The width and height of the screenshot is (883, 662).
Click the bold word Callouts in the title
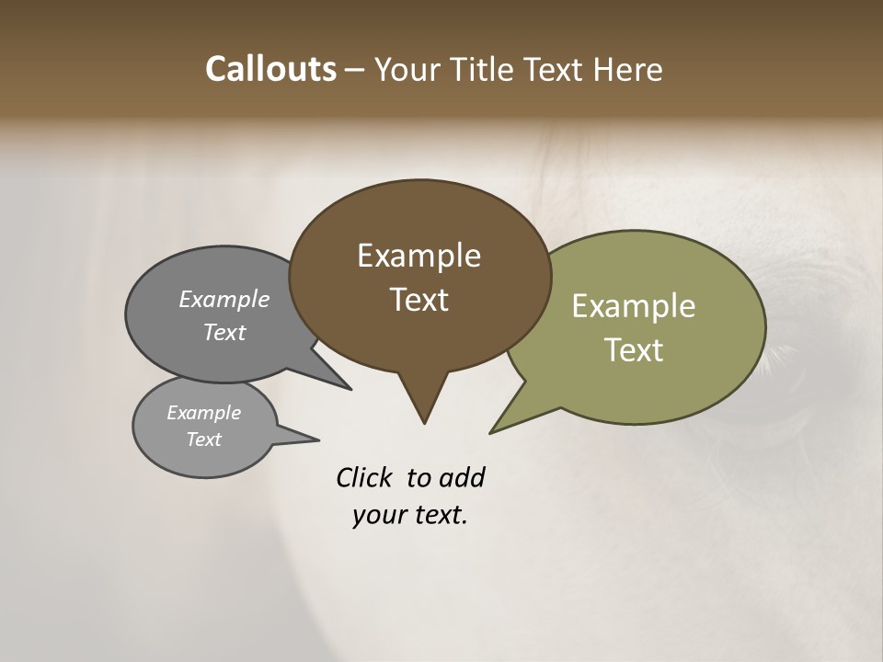click(270, 69)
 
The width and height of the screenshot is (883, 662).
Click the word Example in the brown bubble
click(419, 256)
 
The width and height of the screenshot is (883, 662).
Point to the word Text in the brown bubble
click(419, 300)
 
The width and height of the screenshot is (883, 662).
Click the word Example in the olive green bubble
click(634, 306)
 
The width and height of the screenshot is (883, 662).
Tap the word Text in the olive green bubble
click(634, 350)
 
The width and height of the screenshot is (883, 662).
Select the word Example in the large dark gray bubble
click(224, 299)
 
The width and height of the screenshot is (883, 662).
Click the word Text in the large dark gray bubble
click(224, 332)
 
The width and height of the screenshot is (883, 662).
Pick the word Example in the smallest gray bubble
click(203, 413)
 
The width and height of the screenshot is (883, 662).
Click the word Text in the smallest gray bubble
click(203, 439)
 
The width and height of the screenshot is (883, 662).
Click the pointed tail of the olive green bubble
click(493, 430)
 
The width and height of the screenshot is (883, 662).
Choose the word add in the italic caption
click(461, 478)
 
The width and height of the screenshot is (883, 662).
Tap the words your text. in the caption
click(410, 516)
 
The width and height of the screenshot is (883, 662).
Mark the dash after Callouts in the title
click(355, 70)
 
